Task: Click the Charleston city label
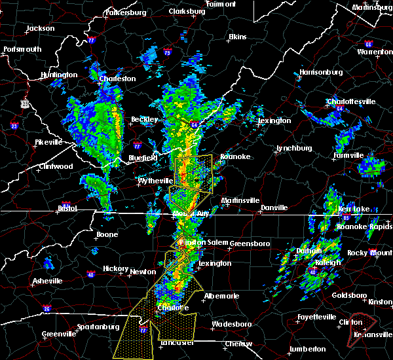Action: pos(118,79)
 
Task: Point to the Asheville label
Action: pos(49,281)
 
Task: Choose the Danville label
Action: pos(274,207)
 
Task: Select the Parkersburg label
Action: pos(128,12)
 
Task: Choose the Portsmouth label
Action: pos(22,49)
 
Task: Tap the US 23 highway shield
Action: pos(24,103)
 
